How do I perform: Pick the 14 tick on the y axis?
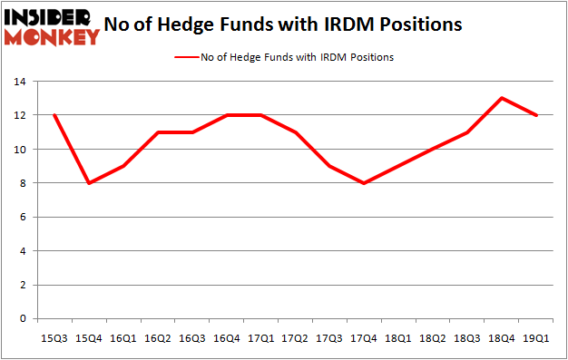click(x=19, y=82)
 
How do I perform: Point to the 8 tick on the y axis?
click(x=22, y=183)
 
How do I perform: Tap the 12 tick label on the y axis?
click(x=19, y=115)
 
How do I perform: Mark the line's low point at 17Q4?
click(x=363, y=183)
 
